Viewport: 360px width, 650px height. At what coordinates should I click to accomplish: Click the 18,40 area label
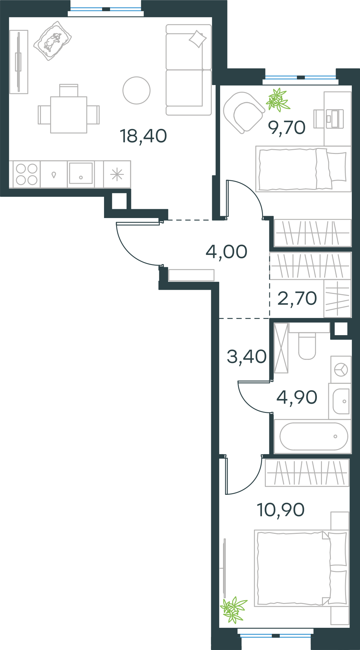[143, 136]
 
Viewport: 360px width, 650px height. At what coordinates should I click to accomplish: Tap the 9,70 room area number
[287, 128]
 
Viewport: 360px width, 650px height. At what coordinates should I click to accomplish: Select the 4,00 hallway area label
[226, 252]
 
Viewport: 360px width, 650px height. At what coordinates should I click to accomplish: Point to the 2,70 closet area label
[297, 298]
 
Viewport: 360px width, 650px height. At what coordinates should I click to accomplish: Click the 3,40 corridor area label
[247, 356]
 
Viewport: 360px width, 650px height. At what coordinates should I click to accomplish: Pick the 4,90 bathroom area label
[297, 397]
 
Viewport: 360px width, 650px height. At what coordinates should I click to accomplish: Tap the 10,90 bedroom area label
[281, 510]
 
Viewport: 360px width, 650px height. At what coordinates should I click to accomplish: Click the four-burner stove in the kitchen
[27, 174]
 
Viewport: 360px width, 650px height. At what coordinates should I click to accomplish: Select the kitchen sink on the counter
[81, 173]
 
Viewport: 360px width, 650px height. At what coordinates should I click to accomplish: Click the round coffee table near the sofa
[136, 90]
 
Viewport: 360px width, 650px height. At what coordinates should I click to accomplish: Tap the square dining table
[69, 115]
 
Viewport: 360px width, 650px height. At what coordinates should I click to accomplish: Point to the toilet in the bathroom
[307, 346]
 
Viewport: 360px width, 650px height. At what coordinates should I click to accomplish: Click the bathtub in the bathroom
[314, 436]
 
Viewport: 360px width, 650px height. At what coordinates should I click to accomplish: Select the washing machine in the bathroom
[341, 369]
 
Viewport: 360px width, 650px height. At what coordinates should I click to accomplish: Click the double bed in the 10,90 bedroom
[302, 568]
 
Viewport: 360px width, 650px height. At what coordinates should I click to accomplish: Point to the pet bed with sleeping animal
[52, 41]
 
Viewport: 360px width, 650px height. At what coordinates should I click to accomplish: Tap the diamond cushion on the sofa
[198, 39]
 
